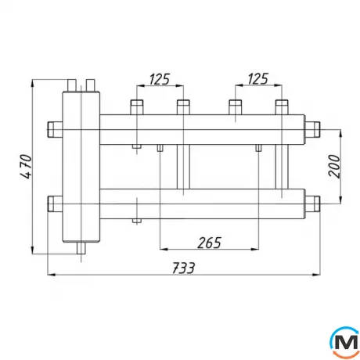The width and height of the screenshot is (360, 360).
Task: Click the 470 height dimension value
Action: pos(24,166)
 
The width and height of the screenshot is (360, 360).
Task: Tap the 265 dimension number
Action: pos(208,243)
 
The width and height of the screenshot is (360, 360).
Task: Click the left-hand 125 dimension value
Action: pos(160,78)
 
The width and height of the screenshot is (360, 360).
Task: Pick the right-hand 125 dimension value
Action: pos(257,78)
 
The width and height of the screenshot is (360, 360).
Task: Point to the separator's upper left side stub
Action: pos(53,128)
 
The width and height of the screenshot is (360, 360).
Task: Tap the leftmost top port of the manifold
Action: pos(136,106)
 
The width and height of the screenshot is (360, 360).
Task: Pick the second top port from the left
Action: pos(183,106)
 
